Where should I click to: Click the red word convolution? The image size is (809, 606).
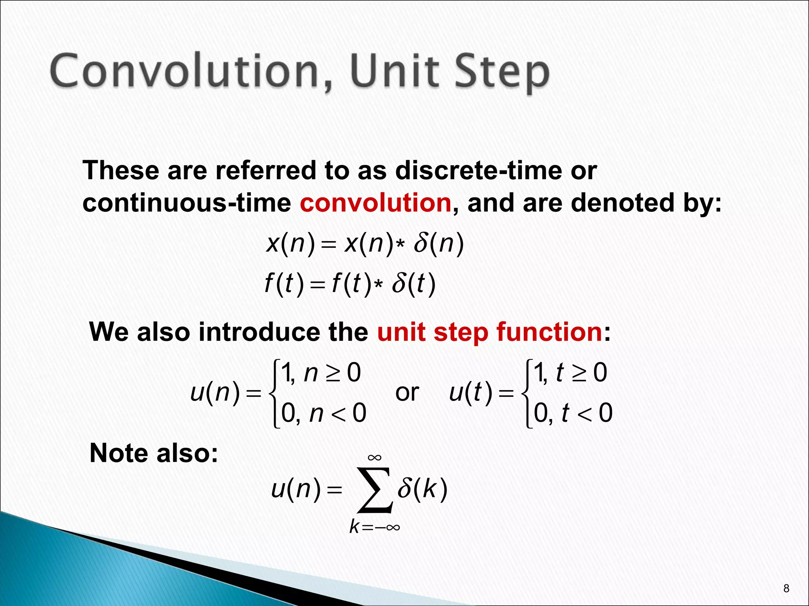[x=375, y=203]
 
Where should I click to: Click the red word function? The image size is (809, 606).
[x=549, y=332]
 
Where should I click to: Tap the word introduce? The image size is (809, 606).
[x=283, y=332]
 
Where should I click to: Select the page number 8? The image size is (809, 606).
[x=786, y=589]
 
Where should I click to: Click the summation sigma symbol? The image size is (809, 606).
[x=374, y=490]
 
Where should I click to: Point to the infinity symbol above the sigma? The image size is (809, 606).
[x=374, y=458]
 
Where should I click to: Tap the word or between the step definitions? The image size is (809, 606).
[x=407, y=393]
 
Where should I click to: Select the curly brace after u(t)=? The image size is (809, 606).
[x=527, y=393]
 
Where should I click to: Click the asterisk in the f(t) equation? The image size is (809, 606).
[x=378, y=285]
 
